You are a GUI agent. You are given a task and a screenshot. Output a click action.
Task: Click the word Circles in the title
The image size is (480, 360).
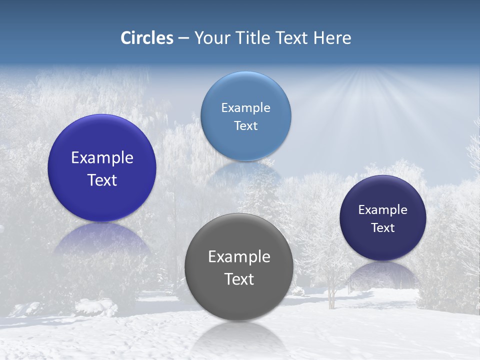click(x=147, y=38)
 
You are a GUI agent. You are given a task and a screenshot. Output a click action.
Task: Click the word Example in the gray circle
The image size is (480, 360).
click(x=239, y=256)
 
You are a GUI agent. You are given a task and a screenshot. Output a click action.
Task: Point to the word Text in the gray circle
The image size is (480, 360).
click(x=239, y=279)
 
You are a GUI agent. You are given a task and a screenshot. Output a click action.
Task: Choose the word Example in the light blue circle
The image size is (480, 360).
click(x=245, y=107)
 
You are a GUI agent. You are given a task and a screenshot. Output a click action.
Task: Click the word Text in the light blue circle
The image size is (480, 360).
click(x=245, y=125)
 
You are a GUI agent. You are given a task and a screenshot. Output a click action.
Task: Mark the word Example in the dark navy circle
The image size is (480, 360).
click(x=383, y=209)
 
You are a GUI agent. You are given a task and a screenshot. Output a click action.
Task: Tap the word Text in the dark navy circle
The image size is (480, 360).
click(x=383, y=227)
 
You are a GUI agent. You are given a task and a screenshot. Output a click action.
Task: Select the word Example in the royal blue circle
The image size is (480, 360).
click(x=102, y=157)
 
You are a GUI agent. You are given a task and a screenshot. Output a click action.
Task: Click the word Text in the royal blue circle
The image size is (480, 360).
click(x=102, y=180)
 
